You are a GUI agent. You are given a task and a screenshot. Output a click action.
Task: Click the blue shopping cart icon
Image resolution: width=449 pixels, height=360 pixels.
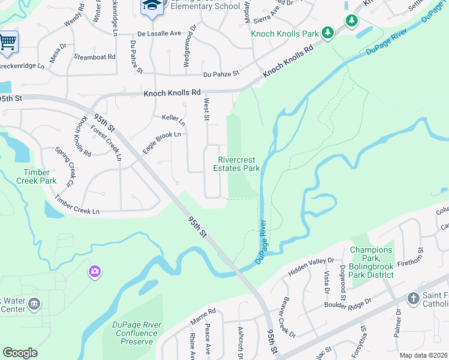(7, 42)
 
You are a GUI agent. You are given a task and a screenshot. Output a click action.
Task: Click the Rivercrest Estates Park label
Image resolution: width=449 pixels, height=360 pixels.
(237, 164)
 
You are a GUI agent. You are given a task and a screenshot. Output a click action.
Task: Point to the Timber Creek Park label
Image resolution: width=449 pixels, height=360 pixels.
(36, 176)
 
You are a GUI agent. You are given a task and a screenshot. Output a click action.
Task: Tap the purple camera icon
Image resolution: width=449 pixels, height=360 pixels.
(94, 272)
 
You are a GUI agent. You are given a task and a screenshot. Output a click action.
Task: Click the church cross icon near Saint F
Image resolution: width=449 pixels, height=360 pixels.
(413, 298)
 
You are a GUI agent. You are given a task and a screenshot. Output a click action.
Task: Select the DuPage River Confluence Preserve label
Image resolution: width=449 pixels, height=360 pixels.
(137, 333)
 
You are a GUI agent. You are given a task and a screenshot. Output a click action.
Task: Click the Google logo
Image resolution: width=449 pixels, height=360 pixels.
(20, 353)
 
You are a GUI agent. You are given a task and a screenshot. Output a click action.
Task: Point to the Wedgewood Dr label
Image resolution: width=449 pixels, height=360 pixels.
(193, 37)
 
